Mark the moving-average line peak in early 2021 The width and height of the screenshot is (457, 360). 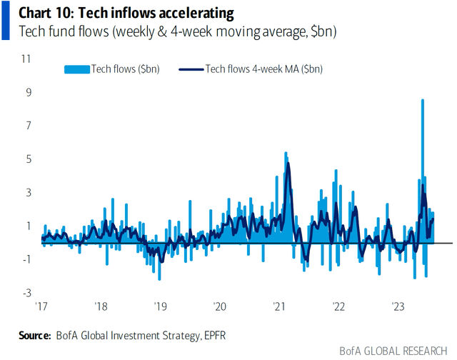pos(288,164)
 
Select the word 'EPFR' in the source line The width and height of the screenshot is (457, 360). pos(214,334)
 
